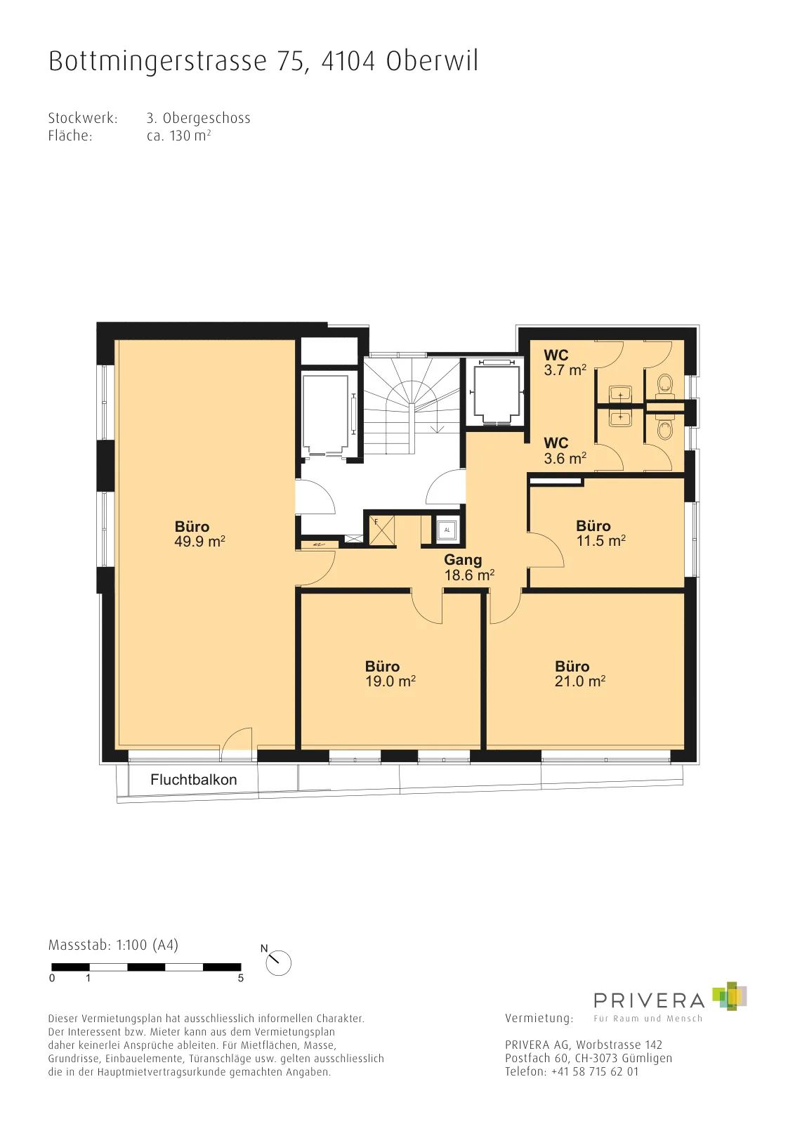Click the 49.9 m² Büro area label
point(199,534)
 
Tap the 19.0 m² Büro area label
point(390,674)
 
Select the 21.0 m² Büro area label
point(580,674)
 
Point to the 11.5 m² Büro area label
point(601,533)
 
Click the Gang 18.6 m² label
point(469,567)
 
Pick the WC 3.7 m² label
point(565,362)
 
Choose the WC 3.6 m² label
point(565,450)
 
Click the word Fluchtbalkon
point(194,779)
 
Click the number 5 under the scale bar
point(241,978)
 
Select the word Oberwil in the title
point(433,61)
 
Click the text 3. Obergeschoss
point(199,119)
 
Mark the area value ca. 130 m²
point(178,136)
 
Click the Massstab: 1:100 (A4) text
point(113,946)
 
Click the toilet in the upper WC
point(666,383)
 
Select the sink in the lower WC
point(621,416)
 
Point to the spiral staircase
point(412,404)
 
